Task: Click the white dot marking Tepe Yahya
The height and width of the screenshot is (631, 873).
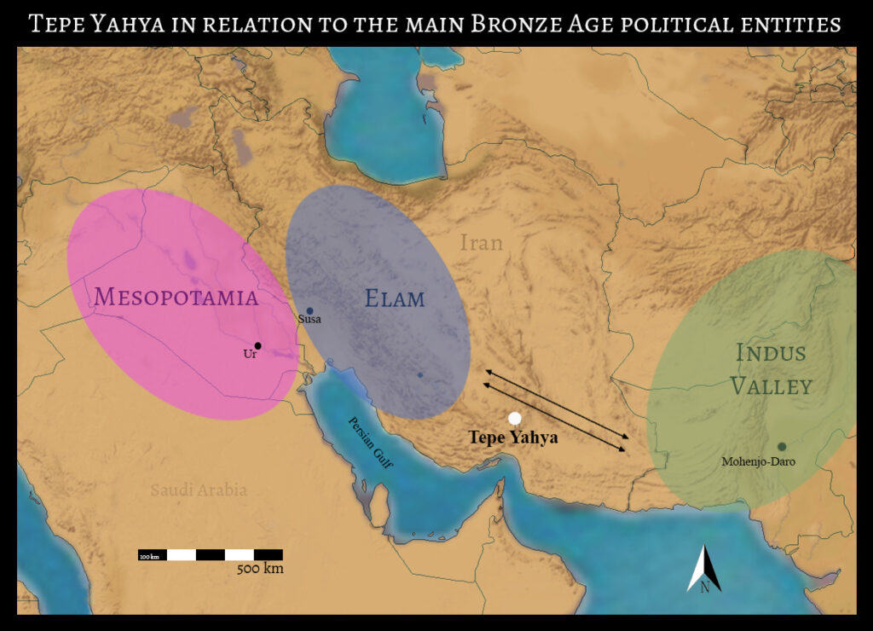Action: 514,418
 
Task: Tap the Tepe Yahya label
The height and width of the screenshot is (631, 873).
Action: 513,437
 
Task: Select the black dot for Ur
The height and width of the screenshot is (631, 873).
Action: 258,345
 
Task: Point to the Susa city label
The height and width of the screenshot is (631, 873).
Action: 309,319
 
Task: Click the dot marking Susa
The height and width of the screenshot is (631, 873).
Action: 309,311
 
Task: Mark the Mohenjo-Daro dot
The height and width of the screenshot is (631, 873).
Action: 781,446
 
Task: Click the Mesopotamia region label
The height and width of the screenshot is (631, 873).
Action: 176,297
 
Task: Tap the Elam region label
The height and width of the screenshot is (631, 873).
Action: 395,298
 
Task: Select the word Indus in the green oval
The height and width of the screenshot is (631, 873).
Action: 771,352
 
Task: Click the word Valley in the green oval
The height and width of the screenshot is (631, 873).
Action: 771,385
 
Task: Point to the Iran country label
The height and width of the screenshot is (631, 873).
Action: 482,243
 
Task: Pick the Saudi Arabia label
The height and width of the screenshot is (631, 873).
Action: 199,490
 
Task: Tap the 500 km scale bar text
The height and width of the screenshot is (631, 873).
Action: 260,569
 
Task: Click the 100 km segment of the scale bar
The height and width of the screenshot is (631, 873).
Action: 152,556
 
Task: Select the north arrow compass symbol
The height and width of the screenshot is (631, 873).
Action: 704,570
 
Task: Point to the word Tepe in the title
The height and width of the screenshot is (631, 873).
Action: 56,24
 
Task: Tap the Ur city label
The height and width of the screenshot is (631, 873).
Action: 250,354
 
